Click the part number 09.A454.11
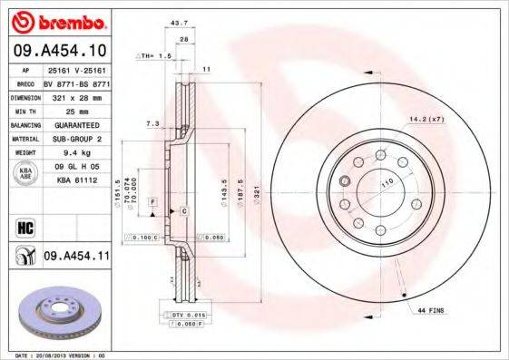[76, 258]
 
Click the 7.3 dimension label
[152, 122]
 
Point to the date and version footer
[56, 355]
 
